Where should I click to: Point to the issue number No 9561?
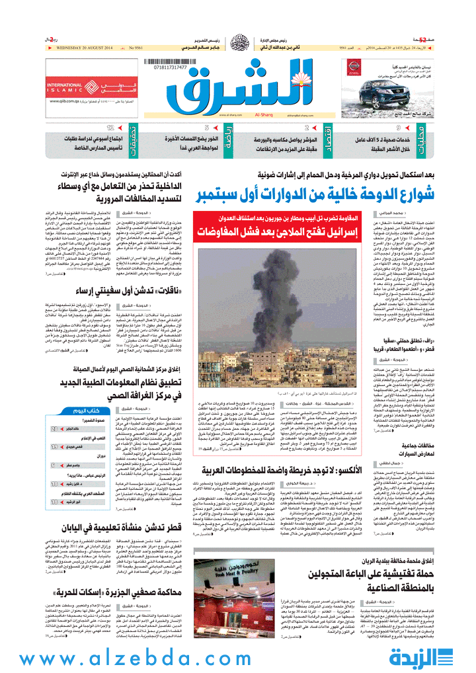(x=138, y=48)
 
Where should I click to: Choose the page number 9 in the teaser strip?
(x=398, y=128)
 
